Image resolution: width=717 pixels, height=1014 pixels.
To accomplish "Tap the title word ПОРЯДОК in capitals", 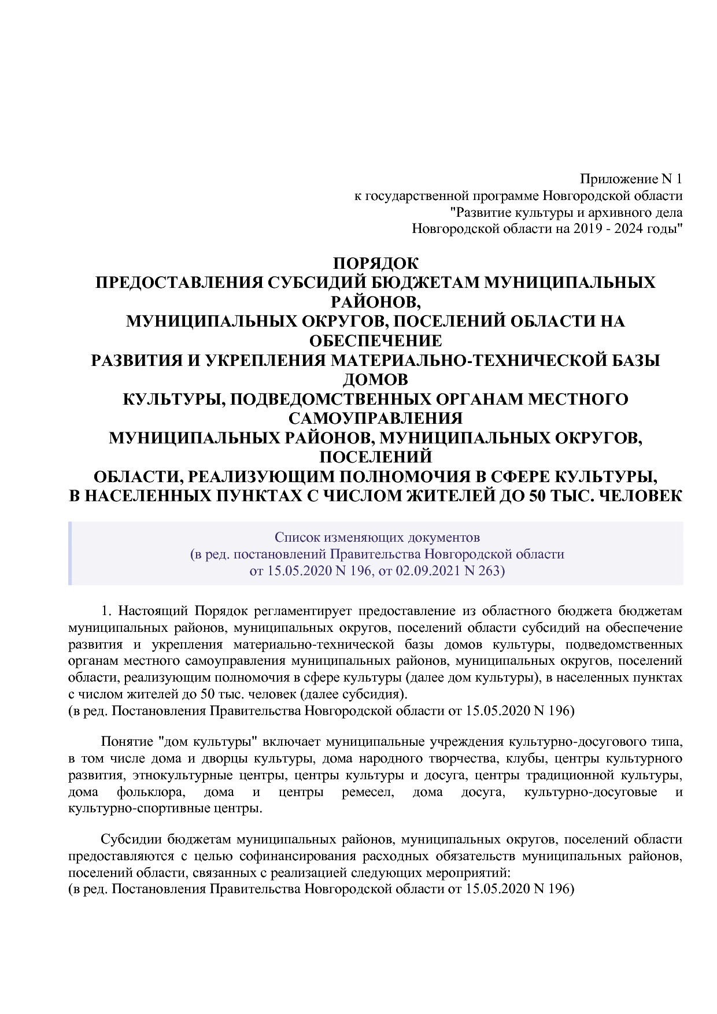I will (375, 264).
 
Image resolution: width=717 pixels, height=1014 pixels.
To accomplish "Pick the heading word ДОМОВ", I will (375, 380).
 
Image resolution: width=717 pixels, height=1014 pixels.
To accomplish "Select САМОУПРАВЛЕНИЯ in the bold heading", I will (375, 418).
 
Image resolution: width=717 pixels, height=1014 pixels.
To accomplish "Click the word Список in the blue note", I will (293, 538).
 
